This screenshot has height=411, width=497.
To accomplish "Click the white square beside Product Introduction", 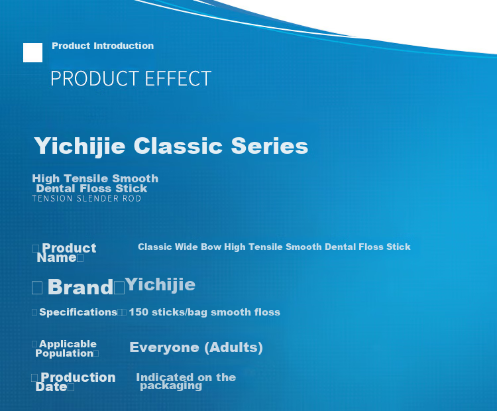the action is tap(32, 52).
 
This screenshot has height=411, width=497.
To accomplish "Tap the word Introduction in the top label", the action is tap(124, 46).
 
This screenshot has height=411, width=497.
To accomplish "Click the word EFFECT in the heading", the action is tap(178, 78).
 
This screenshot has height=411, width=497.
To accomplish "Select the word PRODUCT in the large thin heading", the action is tap(95, 78).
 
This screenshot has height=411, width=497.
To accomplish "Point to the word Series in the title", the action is tap(270, 146).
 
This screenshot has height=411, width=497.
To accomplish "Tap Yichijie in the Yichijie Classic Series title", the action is tap(80, 147).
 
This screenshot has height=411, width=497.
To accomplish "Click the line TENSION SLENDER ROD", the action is tap(87, 198).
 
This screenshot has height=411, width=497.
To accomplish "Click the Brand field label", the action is tap(80, 287).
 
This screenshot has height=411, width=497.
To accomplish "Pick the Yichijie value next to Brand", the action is tap(160, 284).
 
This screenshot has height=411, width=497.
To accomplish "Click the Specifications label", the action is tap(78, 312).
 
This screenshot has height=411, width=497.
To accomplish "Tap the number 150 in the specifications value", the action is tap(138, 312).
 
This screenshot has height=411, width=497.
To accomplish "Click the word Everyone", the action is tap(164, 347).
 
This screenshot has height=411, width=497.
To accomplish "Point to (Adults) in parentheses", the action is tap(234, 347).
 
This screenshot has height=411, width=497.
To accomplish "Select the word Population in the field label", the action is tap(64, 353).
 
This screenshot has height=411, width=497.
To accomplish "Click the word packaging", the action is tap(171, 386).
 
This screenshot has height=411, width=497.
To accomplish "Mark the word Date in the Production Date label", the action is tap(51, 387).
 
